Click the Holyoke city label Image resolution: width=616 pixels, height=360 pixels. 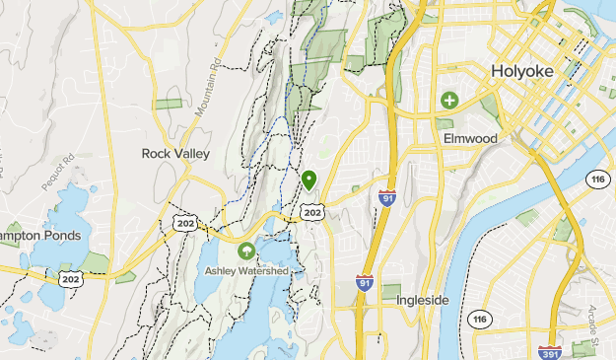click(x=522, y=73)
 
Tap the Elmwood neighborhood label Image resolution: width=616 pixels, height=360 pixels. click(x=470, y=138)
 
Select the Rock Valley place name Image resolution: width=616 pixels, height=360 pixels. click(x=174, y=154)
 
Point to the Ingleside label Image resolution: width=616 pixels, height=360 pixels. click(x=423, y=299)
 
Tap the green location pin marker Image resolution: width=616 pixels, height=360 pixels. click(x=309, y=180)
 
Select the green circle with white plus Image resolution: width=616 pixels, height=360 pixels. click(x=449, y=100)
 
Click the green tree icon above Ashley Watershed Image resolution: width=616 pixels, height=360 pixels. click(x=245, y=251)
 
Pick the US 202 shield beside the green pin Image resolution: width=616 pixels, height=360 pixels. click(x=312, y=212)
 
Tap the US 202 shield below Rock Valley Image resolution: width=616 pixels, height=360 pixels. click(x=184, y=224)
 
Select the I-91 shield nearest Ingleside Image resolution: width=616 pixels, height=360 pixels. click(x=364, y=284)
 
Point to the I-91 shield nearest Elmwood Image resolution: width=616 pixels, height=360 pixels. click(x=387, y=198)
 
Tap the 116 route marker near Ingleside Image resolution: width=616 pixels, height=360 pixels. click(x=481, y=319)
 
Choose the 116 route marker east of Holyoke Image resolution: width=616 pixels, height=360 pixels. click(x=596, y=178)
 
